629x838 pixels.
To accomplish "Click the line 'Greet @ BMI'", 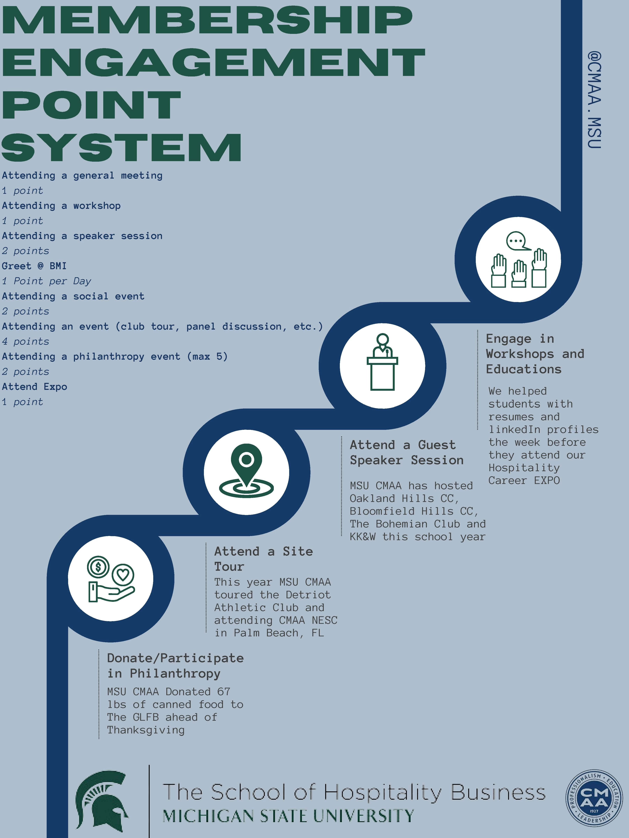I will point(34,266).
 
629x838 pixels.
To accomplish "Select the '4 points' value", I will point(25,341).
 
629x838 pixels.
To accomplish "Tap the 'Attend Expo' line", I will point(34,387).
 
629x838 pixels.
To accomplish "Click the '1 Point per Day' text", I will point(46,281).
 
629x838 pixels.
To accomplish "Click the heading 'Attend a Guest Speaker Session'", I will point(406,452).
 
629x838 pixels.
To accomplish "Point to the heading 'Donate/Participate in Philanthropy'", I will point(175,666).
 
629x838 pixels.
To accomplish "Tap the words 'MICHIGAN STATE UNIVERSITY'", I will point(288,816).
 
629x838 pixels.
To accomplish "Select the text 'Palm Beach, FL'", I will point(279,633).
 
